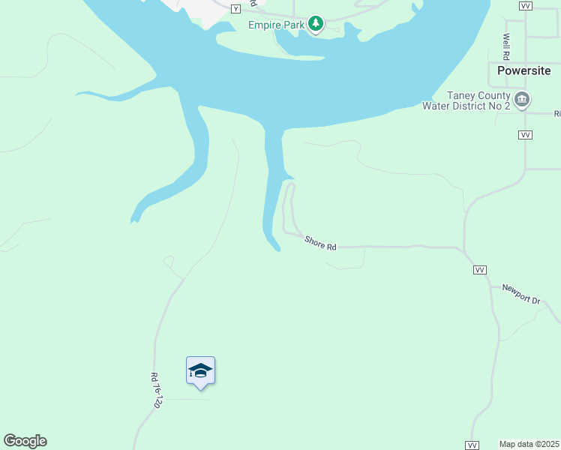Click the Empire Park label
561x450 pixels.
pos(277,25)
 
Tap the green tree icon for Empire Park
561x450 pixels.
pos(316,25)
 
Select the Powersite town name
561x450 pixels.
pos(524,70)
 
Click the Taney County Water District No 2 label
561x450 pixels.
pos(466,100)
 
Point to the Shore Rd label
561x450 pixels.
pos(320,243)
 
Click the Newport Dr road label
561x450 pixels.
pos(520,293)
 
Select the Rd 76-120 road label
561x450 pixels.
pos(156,390)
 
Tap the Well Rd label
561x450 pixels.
pos(507,47)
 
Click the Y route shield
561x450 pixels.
pos(235,8)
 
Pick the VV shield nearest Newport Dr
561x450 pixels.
pos(480,270)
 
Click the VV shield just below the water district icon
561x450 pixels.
pos(525,134)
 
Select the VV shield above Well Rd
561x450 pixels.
pos(525,5)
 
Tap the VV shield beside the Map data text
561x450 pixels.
pos(472,445)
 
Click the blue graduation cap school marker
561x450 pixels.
pos(200,371)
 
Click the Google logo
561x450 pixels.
pos(25,441)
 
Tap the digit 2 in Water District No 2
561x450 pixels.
pos(507,106)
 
